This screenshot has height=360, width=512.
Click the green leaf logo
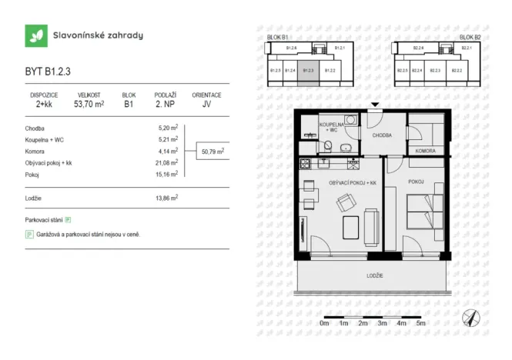pos(35,35)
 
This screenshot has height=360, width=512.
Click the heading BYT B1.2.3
pos(48,72)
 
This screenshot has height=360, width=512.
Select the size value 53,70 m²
pos(88,105)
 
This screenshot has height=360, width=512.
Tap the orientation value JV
pos(206,105)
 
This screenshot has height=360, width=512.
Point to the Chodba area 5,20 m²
pos(168,128)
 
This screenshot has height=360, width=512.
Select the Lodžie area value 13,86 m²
pos(167,198)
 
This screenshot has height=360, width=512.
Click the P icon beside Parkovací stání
pos(68,220)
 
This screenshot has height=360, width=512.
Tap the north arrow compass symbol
pos(470,317)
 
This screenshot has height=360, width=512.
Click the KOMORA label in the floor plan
pos(426,152)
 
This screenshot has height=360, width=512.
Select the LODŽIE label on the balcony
pos(375,275)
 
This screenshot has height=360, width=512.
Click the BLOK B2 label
pos(470,37)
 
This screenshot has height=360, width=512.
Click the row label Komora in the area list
pos(35,152)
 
